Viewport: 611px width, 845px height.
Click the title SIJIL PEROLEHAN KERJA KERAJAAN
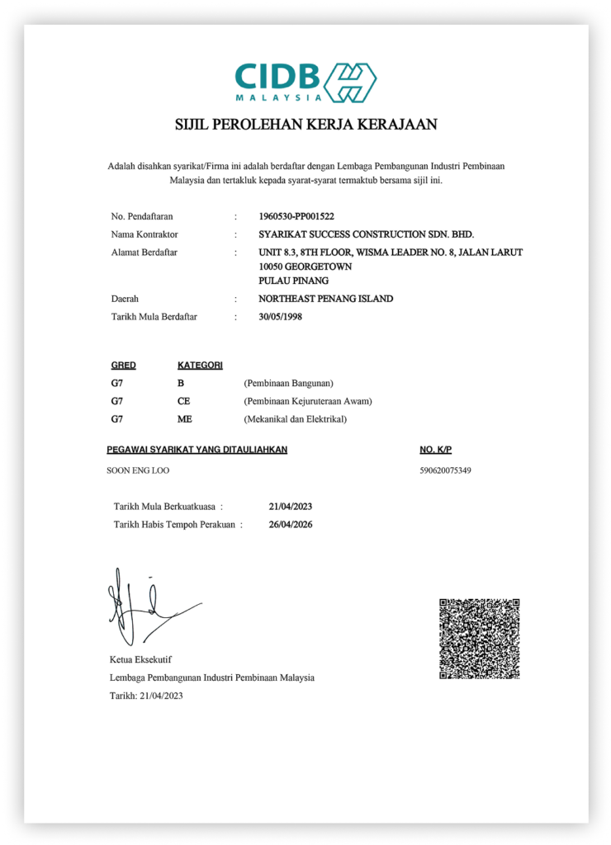point(305,125)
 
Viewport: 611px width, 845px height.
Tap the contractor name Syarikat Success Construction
point(366,234)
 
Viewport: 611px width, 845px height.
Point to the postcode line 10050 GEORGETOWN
point(305,267)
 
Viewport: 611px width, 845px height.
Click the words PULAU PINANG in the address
point(293,281)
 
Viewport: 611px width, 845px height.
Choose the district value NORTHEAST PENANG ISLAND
point(325,299)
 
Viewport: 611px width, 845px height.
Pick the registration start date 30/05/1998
point(281,316)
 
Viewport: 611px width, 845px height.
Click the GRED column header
point(123,365)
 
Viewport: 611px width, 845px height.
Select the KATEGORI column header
point(200,365)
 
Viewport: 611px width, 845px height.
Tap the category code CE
point(184,401)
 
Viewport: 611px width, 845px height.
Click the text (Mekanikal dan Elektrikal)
point(295,419)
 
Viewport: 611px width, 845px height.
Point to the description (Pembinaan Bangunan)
point(288,383)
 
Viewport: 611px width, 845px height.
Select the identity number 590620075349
point(446,470)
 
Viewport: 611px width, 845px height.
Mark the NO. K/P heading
point(436,450)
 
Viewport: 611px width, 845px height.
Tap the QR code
point(480,639)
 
